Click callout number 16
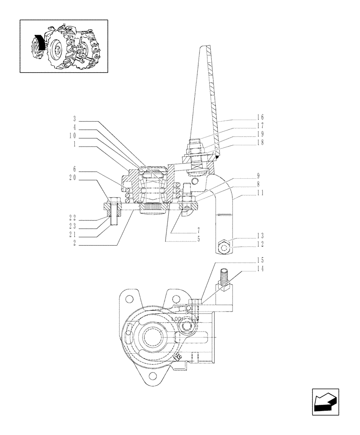pyautogui.click(x=260, y=117)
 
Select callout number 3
pyautogui.click(x=74, y=119)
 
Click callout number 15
pyautogui.click(x=260, y=260)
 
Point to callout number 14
pyautogui.click(x=260, y=268)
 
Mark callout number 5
pyautogui.click(x=198, y=239)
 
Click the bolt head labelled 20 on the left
pyautogui.click(x=113, y=202)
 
